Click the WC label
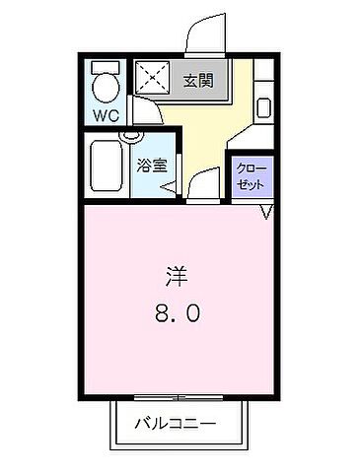(106, 115)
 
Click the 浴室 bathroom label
(151, 166)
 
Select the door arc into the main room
(202, 182)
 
